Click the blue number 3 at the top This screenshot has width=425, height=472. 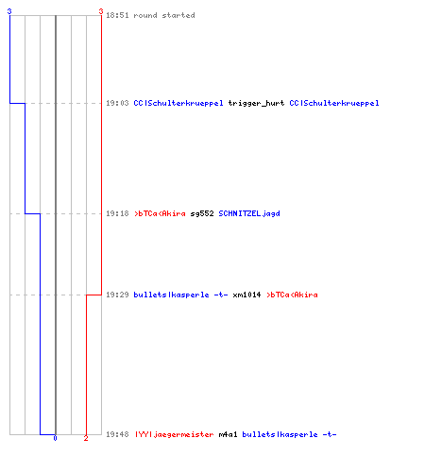9,11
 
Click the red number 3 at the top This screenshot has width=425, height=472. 101,11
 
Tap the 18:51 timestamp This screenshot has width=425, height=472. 117,15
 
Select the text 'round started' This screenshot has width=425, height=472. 164,15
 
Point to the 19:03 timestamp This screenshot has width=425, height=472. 117,103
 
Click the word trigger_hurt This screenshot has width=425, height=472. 256,103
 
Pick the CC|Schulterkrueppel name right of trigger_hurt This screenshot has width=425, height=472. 334,103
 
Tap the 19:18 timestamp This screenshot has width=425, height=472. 117,213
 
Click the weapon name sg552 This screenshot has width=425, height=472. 202,213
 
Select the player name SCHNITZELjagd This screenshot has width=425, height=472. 249,213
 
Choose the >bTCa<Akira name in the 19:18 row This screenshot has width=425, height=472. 160,213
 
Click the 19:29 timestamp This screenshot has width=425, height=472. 117,295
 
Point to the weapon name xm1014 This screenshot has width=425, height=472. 246,295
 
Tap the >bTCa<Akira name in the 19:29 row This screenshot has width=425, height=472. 292,295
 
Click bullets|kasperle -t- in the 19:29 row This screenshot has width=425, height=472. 180,295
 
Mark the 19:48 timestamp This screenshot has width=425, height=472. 117,434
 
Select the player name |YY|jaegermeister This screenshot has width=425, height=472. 175,434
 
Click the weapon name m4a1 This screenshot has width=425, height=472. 228,434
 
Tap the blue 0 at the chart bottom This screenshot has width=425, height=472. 55,438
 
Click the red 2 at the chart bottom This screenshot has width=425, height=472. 86,438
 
